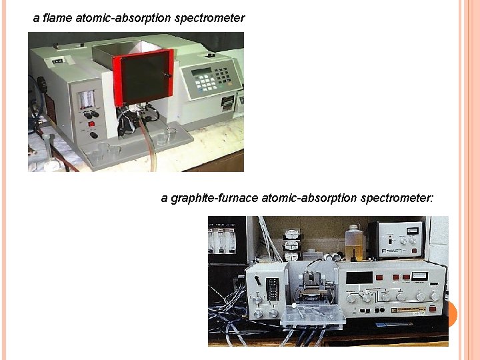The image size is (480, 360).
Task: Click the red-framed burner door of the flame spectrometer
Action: click(143, 77)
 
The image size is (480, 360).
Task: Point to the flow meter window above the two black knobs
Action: click(87, 101)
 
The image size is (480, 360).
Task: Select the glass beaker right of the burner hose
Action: click(165, 136)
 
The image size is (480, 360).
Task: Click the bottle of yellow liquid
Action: click(353, 243)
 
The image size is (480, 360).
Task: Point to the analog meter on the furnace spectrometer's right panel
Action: click(419, 276)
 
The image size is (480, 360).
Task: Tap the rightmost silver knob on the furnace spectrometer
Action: click(435, 295)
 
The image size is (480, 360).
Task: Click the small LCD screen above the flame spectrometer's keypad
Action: click(203, 71)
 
